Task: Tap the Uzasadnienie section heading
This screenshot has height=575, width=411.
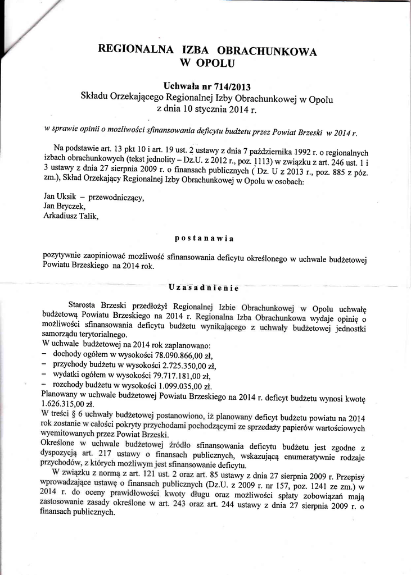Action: pos(204,288)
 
